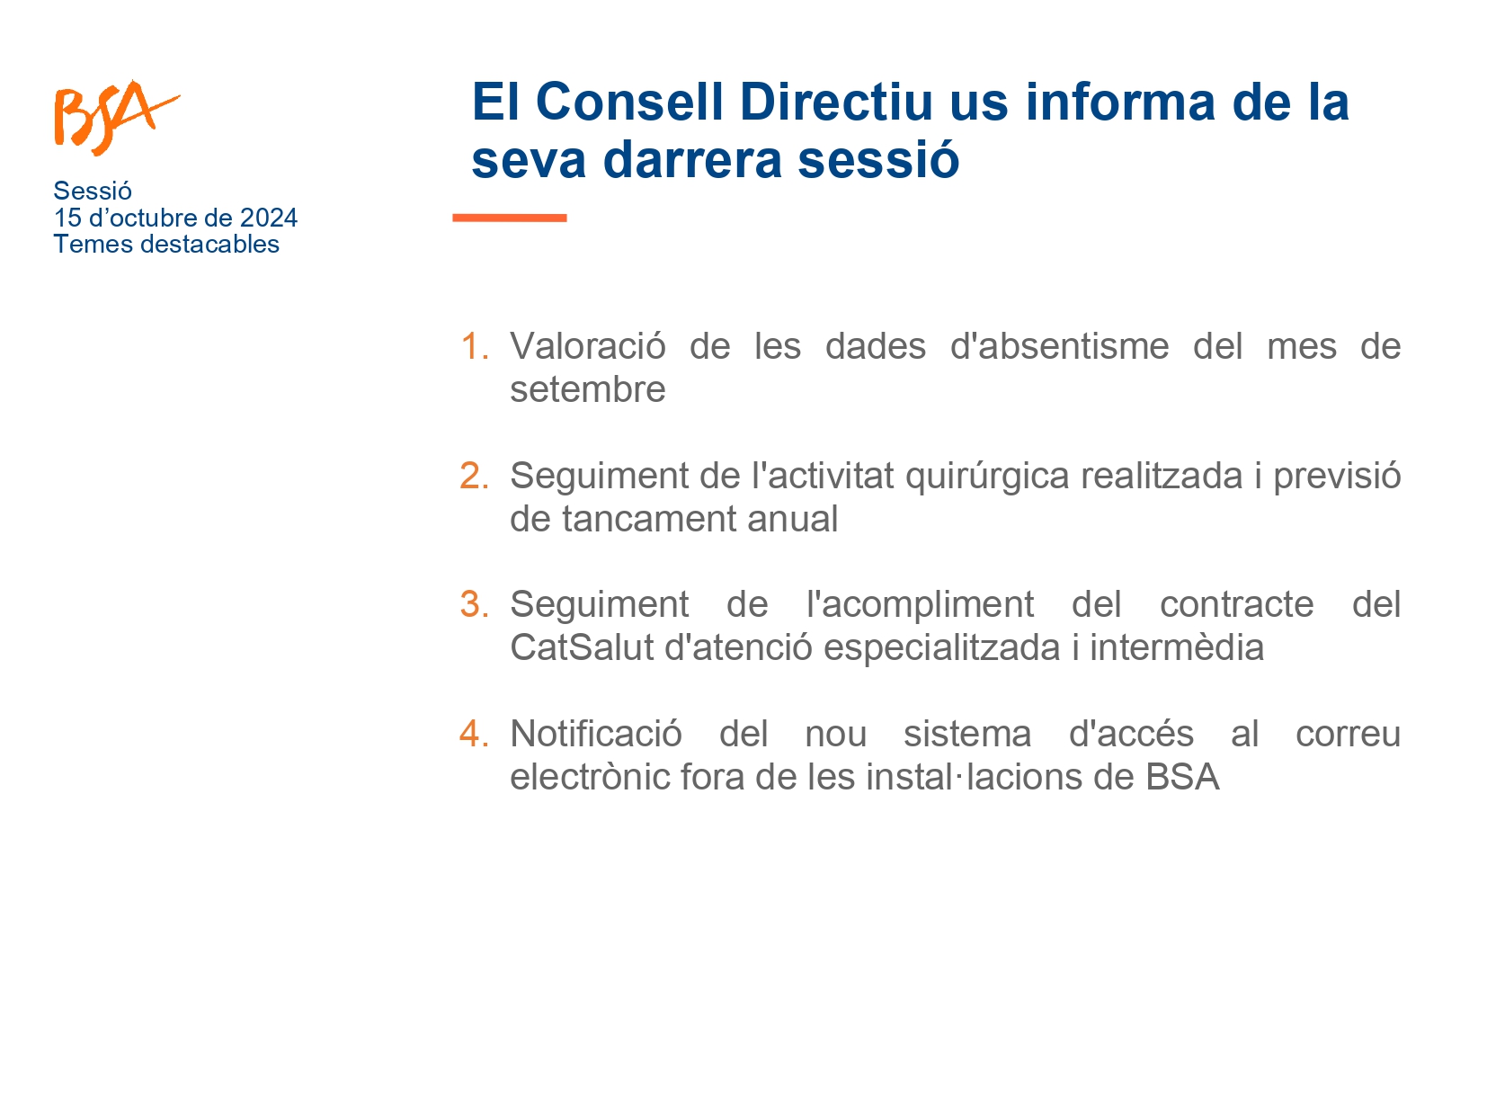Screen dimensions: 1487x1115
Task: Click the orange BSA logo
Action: coord(117,118)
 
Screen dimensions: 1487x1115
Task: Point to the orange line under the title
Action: coord(510,218)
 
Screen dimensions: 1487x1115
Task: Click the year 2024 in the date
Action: coord(268,219)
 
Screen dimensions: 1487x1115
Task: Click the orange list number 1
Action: coord(475,346)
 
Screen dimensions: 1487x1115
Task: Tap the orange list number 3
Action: coord(474,603)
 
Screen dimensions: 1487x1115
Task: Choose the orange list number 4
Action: coord(474,733)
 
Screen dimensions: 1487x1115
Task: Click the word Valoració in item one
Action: coord(588,346)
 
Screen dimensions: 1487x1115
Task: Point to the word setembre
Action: coord(588,389)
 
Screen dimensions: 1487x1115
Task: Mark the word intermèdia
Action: coord(1177,647)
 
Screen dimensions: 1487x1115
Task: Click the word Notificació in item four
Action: coord(596,733)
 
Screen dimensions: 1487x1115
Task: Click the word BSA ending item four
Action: coord(1182,776)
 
